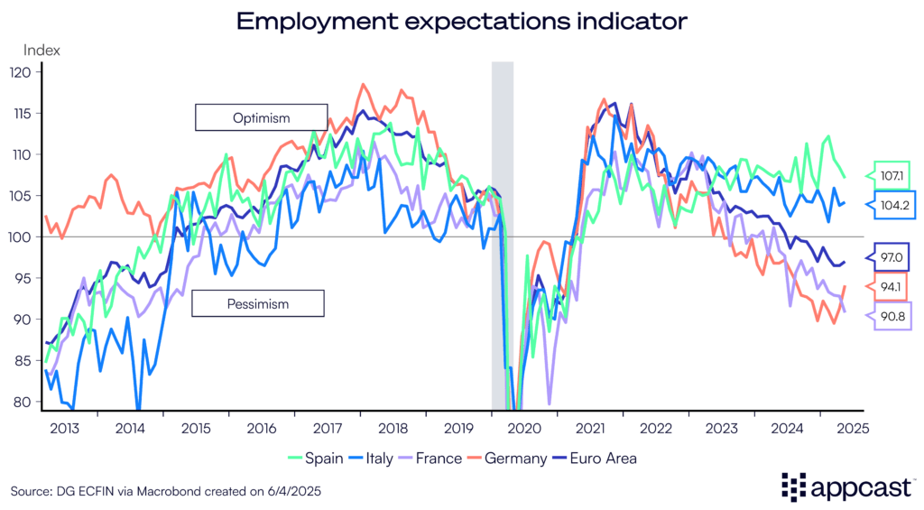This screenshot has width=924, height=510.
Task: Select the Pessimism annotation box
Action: click(258, 303)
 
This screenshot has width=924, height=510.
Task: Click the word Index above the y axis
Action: click(42, 51)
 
